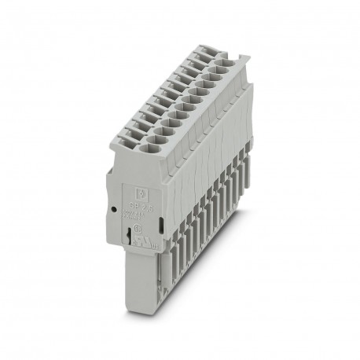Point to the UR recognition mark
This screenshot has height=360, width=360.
click(x=139, y=233)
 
